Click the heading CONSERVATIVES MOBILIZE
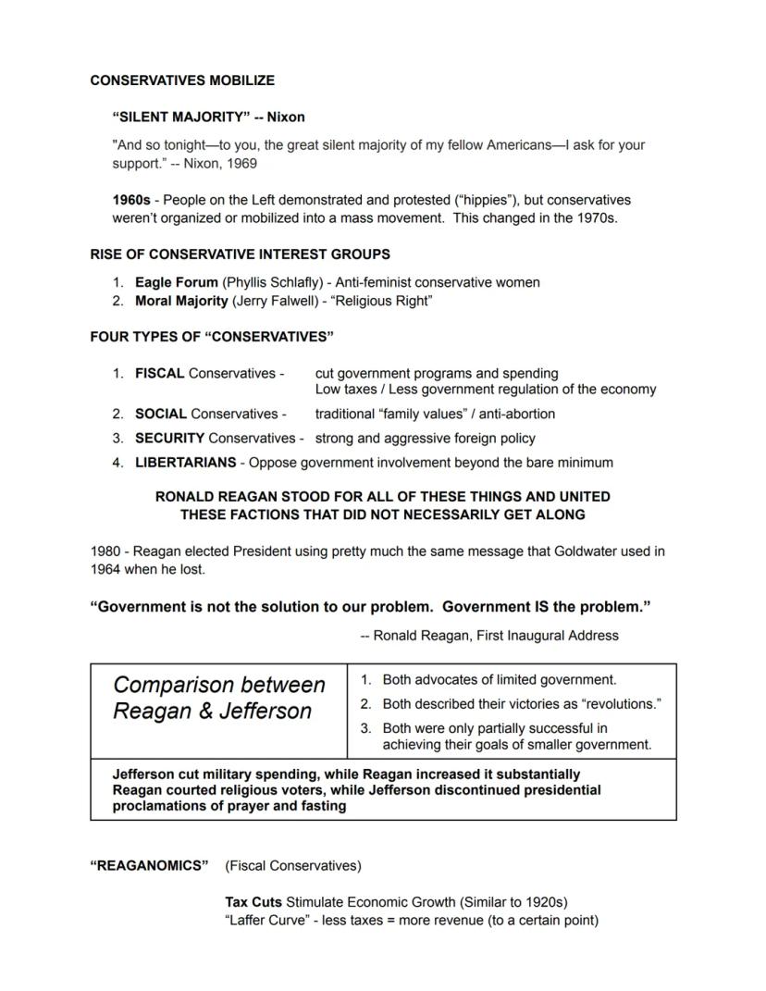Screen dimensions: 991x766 (182, 81)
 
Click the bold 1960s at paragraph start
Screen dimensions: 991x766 (131, 200)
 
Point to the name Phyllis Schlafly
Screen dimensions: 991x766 (272, 282)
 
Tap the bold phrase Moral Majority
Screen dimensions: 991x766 (181, 301)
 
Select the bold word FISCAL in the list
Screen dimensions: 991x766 (160, 374)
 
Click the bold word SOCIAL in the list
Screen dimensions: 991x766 (161, 414)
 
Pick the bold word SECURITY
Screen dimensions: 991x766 (170, 438)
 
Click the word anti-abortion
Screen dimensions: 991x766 (516, 414)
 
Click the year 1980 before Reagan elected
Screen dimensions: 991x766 (106, 551)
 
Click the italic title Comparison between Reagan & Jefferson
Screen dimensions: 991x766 (219, 698)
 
